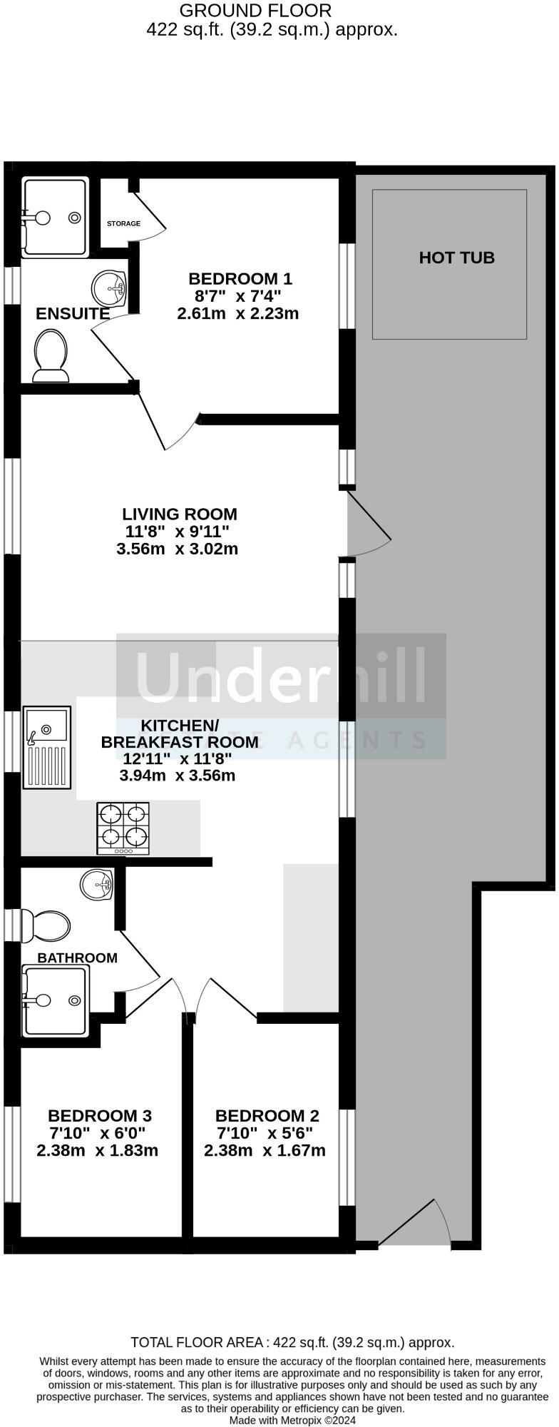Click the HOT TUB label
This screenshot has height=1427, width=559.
(456, 258)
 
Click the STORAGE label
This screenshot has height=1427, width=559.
(123, 223)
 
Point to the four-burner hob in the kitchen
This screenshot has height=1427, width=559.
(123, 828)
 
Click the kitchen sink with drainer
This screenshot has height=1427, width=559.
(47, 747)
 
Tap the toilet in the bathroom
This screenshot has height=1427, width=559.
(47, 925)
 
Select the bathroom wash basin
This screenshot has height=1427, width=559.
(96, 885)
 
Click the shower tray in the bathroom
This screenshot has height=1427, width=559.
(56, 1000)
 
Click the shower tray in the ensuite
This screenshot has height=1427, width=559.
(56, 217)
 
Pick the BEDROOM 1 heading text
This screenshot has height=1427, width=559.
(240, 278)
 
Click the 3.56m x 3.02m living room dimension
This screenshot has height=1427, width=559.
(177, 549)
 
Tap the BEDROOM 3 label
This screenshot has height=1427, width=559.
(100, 1115)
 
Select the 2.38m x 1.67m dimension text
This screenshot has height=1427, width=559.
(265, 1150)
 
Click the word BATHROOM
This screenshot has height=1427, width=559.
(77, 958)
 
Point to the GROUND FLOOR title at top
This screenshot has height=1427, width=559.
(255, 11)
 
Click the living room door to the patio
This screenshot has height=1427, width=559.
(367, 524)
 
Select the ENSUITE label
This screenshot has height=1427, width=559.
(73, 313)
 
